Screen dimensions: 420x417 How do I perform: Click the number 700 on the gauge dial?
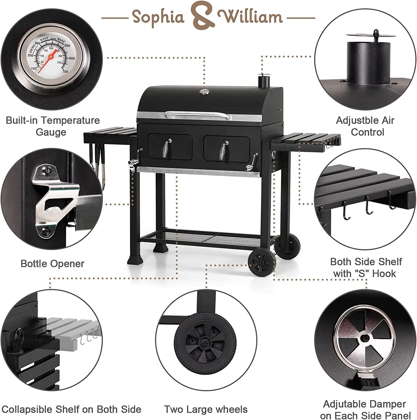point(65,71)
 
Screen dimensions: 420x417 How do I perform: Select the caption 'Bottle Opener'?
point(52,263)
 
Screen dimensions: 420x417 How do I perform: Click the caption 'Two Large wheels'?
point(206,409)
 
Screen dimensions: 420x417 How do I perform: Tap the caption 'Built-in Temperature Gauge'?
point(52,126)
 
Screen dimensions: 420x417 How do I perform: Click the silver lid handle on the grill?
point(198,114)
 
